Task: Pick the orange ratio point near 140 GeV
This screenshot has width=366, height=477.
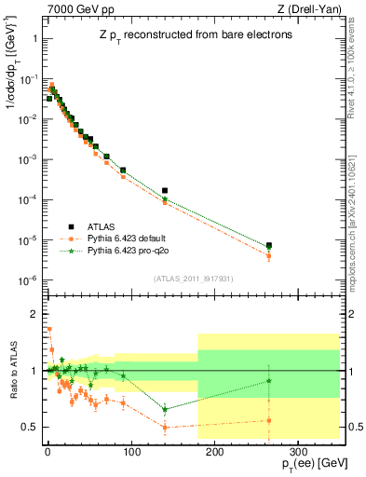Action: coord(165,428)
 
